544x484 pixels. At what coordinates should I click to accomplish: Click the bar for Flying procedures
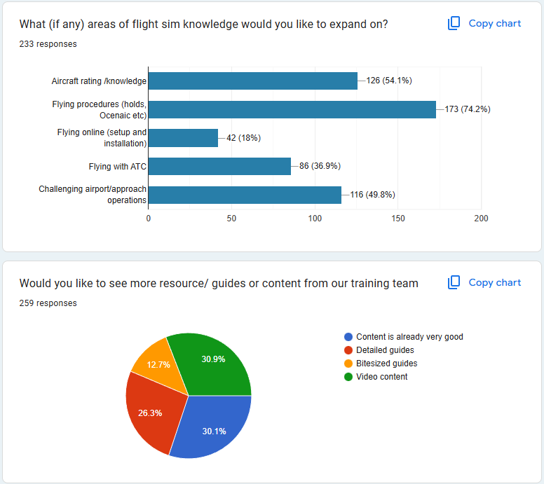click(292, 109)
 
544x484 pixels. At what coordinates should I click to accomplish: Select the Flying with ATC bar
click(219, 166)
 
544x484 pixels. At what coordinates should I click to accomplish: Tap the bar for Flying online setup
click(183, 138)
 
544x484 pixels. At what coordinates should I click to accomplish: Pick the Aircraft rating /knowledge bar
click(252, 81)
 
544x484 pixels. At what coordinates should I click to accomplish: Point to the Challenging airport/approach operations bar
click(245, 195)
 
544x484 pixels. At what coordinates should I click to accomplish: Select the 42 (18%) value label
click(243, 138)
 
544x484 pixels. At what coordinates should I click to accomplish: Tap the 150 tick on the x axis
click(398, 219)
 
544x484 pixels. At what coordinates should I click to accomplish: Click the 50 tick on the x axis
click(231, 219)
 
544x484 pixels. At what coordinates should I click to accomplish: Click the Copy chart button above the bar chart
click(484, 23)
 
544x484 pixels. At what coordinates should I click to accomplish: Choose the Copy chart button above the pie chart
click(484, 282)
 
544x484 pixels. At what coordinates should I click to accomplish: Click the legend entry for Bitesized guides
click(386, 364)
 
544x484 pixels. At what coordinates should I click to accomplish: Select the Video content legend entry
click(381, 377)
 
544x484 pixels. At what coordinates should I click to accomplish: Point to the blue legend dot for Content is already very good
click(348, 337)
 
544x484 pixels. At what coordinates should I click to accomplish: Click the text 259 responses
click(48, 303)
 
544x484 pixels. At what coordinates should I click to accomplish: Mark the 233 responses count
click(48, 44)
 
